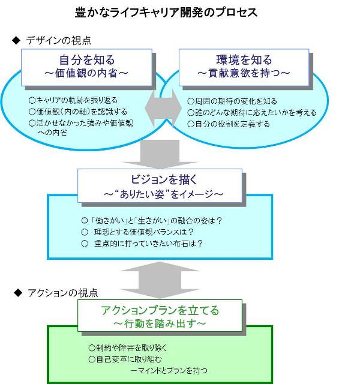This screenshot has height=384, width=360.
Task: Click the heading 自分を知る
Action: coord(88,60)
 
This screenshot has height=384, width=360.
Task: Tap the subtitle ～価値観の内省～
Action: coord(88,73)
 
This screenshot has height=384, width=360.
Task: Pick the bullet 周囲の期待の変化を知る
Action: coord(232,101)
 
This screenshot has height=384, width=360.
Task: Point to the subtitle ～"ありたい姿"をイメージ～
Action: coord(160,194)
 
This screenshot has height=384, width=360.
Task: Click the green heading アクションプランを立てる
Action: coord(160,311)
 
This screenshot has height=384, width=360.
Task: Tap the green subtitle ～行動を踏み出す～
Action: coord(160,324)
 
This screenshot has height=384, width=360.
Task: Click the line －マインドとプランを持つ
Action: coord(169,370)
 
